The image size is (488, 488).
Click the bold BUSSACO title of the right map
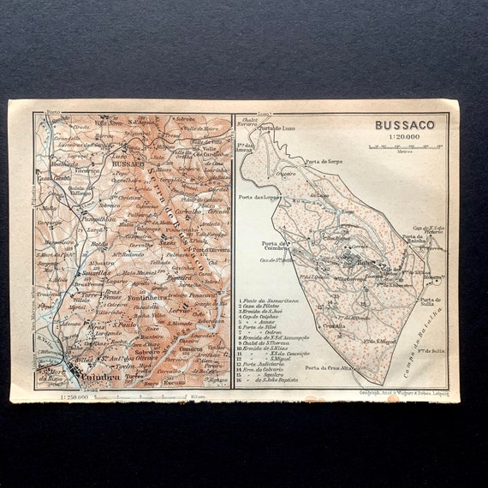[x=404, y=124]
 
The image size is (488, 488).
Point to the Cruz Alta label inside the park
[x=335, y=324]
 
